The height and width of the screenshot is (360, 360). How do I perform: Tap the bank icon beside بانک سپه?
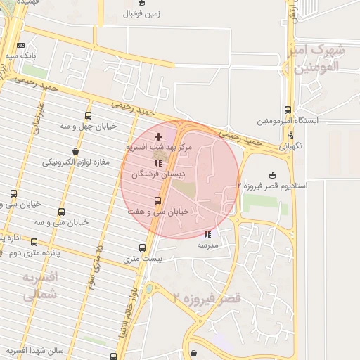[20, 46]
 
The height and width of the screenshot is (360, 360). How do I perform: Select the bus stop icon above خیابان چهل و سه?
[88, 115]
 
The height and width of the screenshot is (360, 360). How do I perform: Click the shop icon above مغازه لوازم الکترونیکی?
[75, 152]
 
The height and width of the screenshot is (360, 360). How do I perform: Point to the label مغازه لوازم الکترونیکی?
[76, 162]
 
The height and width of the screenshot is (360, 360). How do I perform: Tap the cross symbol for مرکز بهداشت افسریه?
[157, 136]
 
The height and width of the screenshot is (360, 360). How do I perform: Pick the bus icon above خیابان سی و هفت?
[157, 200]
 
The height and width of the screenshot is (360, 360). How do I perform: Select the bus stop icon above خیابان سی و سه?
[61, 212]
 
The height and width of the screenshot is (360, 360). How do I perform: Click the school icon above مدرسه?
[207, 234]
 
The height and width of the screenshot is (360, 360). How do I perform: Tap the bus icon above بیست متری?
[143, 248]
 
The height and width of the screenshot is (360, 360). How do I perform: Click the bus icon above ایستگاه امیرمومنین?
[288, 110]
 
